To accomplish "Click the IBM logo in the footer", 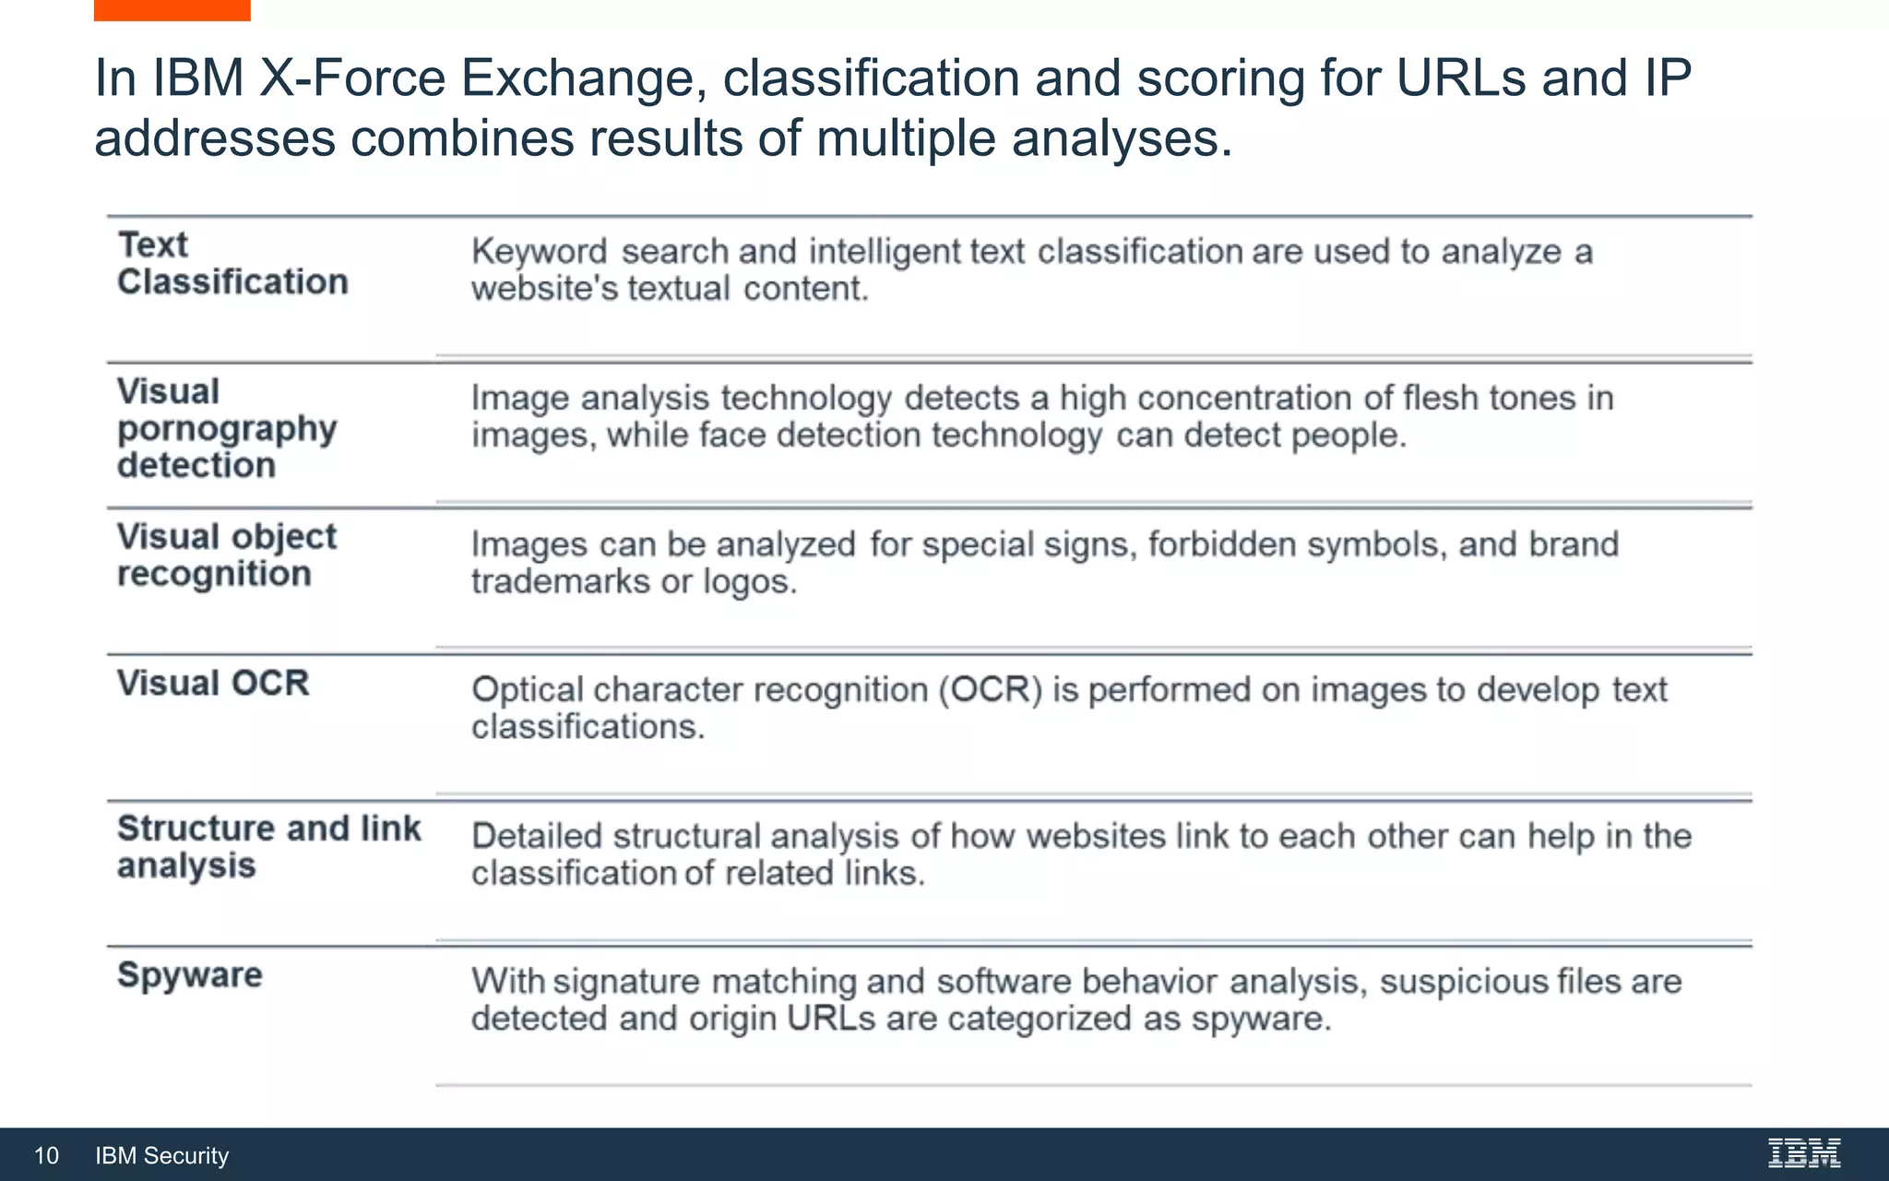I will coord(1803,1153).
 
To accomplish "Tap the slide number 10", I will coord(46,1155).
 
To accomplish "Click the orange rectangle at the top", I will coord(172,9).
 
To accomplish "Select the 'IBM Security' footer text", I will coord(161,1155).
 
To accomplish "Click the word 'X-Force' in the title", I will coord(351,78).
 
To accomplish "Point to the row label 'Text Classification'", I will coord(232,264).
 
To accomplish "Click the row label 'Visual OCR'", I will coord(213,684).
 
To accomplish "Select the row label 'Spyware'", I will coord(190,975).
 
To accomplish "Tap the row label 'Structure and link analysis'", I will coord(267,847).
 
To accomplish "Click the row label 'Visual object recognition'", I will coord(226,555).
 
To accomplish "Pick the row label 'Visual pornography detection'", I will coord(226,428).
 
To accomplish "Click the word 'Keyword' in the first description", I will coord(540,252).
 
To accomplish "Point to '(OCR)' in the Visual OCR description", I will coord(991,690).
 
